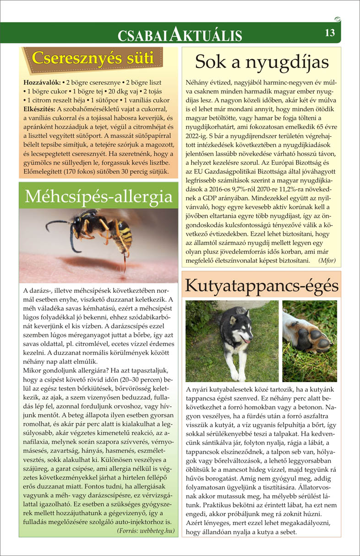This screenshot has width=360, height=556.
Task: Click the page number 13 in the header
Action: point(330,33)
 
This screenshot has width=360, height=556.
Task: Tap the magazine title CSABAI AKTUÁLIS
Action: point(180,34)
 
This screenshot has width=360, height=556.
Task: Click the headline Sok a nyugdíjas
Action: point(262,61)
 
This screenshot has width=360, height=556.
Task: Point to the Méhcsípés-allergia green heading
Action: point(99,196)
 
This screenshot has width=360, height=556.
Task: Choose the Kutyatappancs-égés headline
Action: point(262,286)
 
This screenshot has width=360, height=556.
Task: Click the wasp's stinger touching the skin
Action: point(125,265)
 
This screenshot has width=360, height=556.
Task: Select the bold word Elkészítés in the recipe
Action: point(40,109)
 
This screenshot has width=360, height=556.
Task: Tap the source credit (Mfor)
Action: point(326,260)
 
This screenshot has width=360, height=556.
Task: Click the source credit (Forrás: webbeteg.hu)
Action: point(146,531)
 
